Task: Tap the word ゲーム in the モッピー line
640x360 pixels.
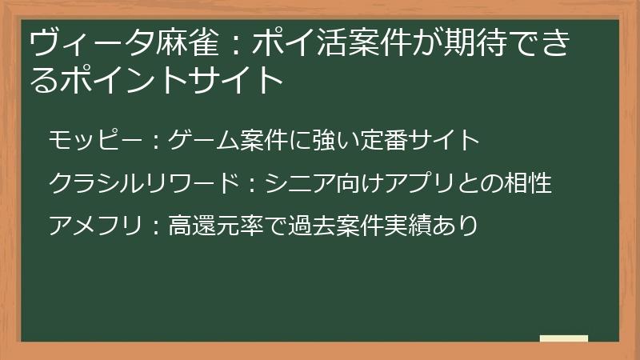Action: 205,141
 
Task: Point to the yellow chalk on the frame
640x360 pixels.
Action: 564,339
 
